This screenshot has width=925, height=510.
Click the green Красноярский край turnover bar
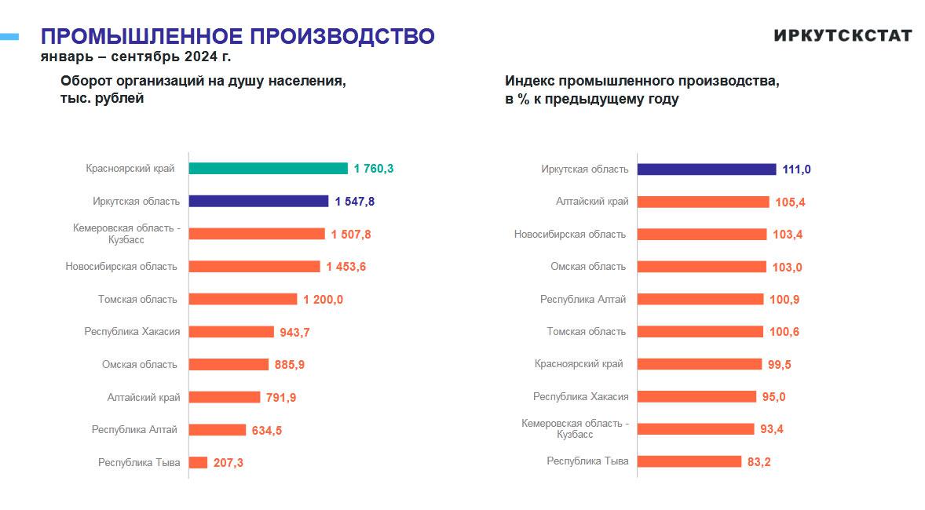click(x=268, y=169)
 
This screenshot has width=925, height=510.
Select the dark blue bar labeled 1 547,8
click(x=258, y=202)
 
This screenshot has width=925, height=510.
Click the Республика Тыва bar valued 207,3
click(x=198, y=463)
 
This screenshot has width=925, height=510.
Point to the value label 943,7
click(x=294, y=333)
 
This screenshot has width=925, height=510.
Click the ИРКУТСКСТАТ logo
click(x=843, y=35)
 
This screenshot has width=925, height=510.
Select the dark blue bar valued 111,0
click(x=707, y=169)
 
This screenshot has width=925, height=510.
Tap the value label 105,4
click(x=789, y=202)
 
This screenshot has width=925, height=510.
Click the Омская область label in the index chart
click(x=588, y=267)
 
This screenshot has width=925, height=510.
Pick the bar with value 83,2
click(x=689, y=461)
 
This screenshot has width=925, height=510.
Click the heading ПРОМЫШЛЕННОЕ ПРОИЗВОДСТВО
click(x=237, y=36)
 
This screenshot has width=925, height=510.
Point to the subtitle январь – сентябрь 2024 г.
click(x=136, y=56)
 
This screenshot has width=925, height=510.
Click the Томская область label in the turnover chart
click(x=137, y=299)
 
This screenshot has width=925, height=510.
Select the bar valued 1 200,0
click(x=243, y=300)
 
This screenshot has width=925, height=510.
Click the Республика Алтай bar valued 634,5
click(x=217, y=430)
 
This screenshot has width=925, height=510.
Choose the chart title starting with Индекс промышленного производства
click(x=642, y=89)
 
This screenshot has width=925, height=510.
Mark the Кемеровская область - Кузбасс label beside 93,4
click(x=575, y=429)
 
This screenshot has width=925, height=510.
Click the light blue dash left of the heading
click(x=9, y=35)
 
